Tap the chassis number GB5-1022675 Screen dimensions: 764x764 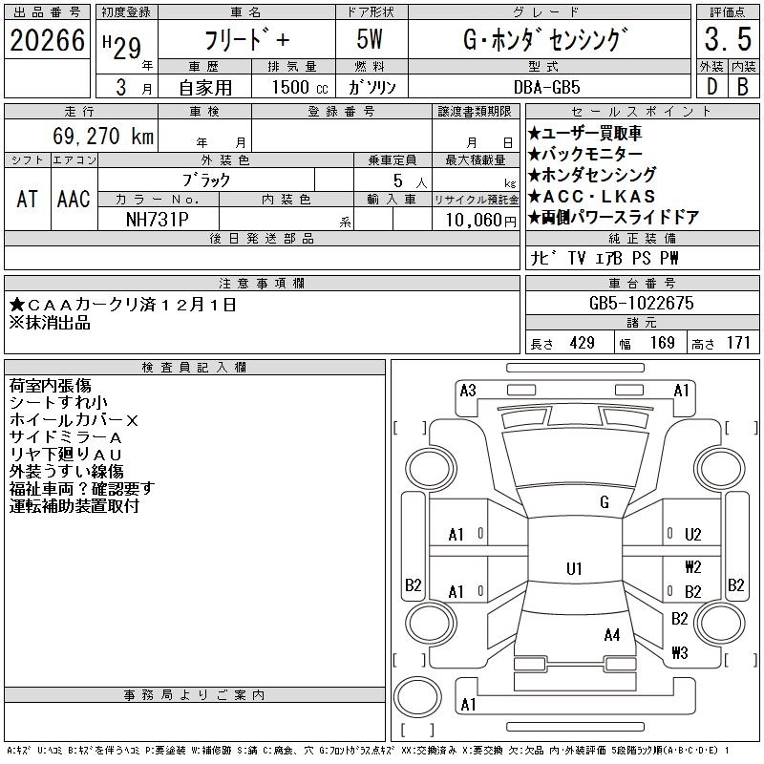642,304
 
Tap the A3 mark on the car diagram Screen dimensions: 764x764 468,390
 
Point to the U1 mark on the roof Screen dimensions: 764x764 574,568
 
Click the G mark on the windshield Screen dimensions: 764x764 604,502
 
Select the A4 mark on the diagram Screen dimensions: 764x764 612,634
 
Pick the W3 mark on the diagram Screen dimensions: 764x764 679,653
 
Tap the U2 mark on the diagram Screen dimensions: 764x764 693,535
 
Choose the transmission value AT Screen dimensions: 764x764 27,200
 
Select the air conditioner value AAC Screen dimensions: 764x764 74,200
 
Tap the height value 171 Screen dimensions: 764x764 738,343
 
